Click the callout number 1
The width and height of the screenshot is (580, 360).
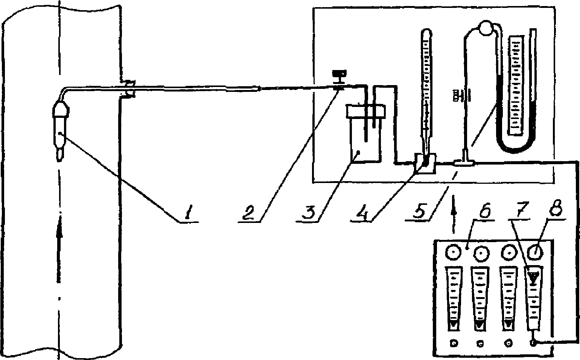click(x=187, y=214)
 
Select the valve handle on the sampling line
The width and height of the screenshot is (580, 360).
click(x=339, y=76)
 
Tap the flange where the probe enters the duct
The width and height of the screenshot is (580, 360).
click(x=128, y=89)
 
